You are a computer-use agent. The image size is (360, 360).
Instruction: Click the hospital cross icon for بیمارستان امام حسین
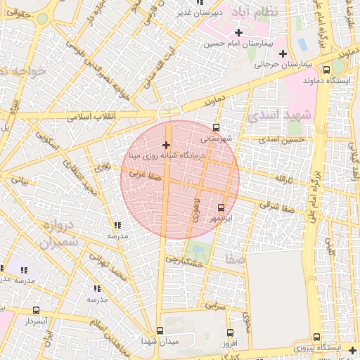(x=238, y=33)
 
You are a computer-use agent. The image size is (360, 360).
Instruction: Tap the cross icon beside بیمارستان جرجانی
(x=283, y=53)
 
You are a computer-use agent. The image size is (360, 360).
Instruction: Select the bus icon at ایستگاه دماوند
(x=326, y=70)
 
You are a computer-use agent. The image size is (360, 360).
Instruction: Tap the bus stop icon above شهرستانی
(x=216, y=128)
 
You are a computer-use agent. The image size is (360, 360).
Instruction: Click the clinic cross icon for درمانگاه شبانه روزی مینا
(x=166, y=145)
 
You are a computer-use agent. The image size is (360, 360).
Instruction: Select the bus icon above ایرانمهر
(x=221, y=207)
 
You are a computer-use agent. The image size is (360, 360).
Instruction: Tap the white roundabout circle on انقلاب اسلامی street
(x=169, y=112)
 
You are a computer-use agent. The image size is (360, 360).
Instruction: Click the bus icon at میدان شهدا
(x=160, y=330)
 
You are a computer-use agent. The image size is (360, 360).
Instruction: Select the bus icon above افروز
(x=230, y=333)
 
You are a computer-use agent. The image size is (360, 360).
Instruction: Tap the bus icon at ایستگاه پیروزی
(x=318, y=337)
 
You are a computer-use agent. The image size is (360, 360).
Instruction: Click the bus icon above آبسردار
(x=37, y=310)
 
